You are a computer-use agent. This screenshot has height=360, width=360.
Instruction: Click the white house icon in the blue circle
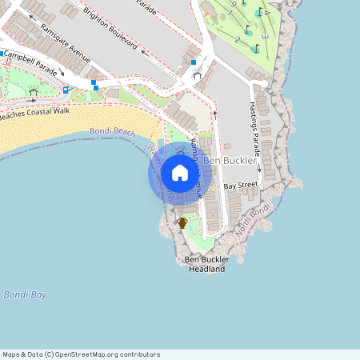click(180, 173)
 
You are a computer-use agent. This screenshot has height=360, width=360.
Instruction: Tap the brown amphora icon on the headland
click(182, 222)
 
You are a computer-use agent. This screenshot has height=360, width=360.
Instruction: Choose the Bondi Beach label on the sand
click(113, 131)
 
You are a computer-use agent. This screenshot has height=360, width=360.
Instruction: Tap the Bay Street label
click(241, 186)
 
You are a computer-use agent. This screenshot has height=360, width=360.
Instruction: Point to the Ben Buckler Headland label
click(206, 265)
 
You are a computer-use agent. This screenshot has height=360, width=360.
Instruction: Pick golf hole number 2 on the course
click(238, 39)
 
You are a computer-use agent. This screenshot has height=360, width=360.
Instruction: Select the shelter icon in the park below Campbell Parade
click(33, 91)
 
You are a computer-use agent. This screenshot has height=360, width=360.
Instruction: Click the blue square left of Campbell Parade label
click(4, 54)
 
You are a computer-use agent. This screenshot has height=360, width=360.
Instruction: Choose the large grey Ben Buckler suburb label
click(230, 161)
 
